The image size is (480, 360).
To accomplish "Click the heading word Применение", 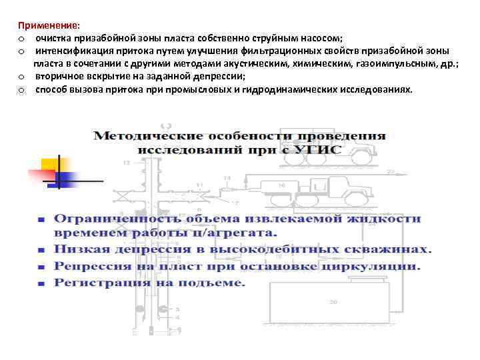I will tap(48, 25).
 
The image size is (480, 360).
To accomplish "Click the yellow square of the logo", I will tap(51, 165).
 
